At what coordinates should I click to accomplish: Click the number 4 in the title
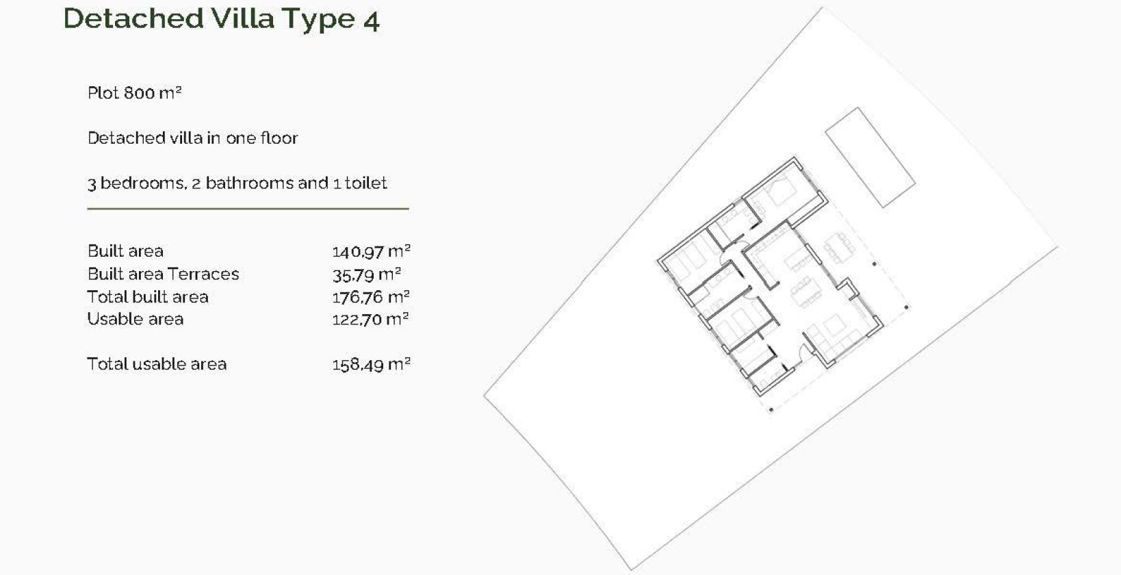372,21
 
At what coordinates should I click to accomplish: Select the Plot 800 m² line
134,92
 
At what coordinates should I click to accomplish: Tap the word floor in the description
279,138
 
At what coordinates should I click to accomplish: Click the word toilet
365,183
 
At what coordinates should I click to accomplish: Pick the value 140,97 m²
371,251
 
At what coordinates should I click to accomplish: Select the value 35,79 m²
366,274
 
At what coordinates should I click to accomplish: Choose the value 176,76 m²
371,296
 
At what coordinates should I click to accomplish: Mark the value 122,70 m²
370,319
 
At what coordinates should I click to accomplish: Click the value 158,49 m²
371,364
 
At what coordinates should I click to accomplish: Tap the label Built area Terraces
163,274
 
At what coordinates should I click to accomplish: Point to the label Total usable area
157,364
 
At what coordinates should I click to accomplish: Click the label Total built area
148,296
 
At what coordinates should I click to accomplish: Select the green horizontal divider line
248,208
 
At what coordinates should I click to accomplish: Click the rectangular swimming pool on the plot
870,157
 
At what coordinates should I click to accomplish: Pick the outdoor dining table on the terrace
838,246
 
